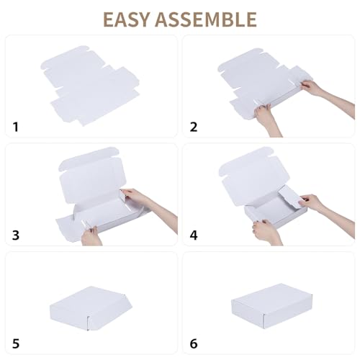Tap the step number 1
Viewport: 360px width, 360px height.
16,127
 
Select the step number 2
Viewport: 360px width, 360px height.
193,127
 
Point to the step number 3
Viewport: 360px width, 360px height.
16,235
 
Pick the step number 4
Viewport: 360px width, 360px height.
193,235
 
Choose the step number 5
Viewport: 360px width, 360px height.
16,343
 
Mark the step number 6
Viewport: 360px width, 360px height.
193,343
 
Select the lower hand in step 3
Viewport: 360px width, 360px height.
92,234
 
